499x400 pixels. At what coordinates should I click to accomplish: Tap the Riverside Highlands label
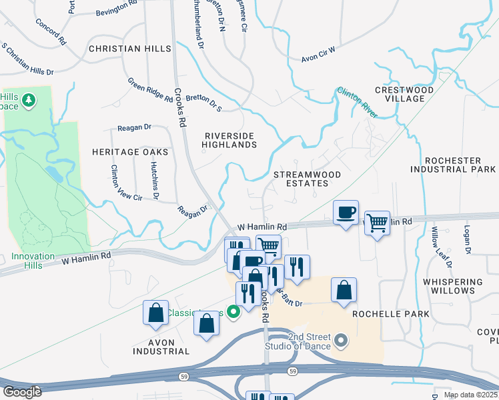pos(229,140)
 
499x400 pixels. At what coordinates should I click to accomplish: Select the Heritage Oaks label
pos(130,152)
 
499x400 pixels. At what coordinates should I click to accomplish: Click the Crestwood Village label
pos(404,94)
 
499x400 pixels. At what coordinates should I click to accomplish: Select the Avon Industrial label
pos(162,347)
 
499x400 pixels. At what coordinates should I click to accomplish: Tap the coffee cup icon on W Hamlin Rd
pos(346,213)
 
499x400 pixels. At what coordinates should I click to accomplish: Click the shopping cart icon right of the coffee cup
pos(378,223)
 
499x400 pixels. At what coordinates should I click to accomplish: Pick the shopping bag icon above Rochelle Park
pos(344,290)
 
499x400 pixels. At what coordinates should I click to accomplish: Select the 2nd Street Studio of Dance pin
pos(341,342)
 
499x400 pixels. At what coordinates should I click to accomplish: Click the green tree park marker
pos(28,100)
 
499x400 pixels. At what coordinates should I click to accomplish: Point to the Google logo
pos(22,391)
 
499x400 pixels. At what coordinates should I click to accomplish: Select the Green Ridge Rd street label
pos(150,89)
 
